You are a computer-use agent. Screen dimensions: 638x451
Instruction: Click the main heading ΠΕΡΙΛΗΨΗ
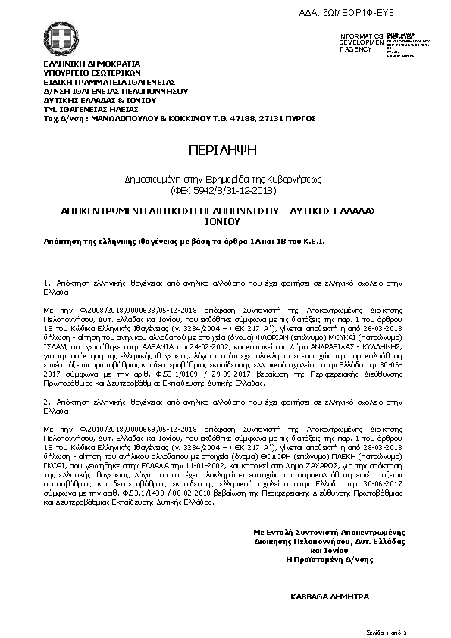[225, 149]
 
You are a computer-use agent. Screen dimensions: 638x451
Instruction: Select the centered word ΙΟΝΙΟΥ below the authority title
[225, 224]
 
